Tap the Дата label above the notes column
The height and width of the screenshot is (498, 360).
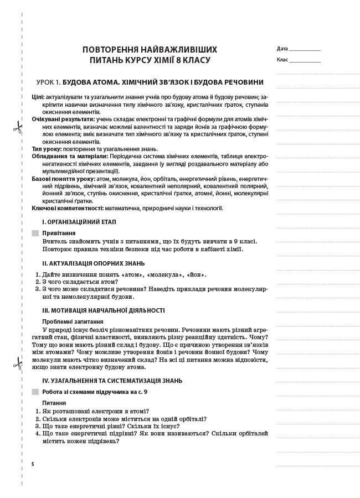coord(282,49)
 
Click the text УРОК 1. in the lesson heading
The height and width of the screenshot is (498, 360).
coord(48,82)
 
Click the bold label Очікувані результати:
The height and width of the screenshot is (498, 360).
coord(63,119)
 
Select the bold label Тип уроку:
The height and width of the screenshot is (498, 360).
coord(47,149)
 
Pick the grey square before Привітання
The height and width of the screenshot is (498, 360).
coord(36,234)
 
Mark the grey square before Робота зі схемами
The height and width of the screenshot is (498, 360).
coord(36,392)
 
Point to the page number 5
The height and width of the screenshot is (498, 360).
coord(33,463)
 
